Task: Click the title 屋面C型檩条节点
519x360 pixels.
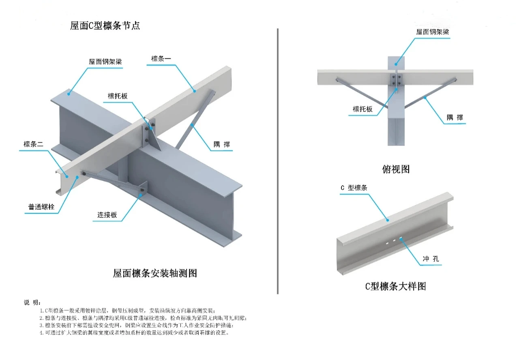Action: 105,26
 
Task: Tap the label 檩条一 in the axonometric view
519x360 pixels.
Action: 161,59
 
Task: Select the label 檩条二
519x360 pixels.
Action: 33,144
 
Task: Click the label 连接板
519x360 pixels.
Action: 107,215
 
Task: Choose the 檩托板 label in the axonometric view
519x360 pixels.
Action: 118,96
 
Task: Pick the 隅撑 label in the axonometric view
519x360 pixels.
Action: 222,145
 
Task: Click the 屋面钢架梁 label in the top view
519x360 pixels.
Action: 432,32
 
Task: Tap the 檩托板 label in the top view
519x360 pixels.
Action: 362,109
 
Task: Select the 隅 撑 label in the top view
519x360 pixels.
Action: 455,118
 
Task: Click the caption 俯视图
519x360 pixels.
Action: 396,169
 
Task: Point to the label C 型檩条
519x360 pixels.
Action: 354,188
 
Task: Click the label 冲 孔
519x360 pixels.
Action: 431,259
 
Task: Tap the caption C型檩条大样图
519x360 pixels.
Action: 395,286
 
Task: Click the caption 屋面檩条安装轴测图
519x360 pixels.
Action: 155,273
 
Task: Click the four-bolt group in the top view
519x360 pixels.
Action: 396,80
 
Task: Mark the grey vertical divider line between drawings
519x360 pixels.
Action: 277,162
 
